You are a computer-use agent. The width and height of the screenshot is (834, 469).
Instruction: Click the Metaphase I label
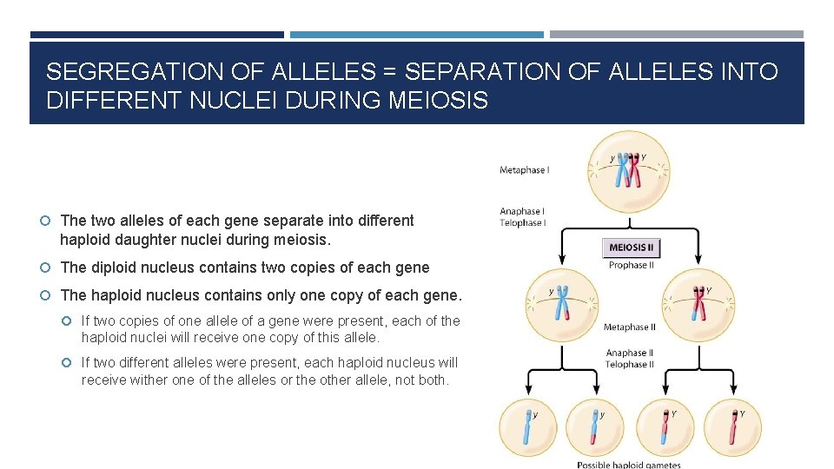pos(524,170)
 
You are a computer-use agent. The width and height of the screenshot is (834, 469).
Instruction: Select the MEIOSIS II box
pos(632,248)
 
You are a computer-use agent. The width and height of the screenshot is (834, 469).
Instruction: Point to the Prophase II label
pos(632,265)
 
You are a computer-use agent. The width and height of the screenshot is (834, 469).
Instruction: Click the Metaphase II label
pos(630,327)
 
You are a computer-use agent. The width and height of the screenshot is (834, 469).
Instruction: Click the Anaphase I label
pos(522,211)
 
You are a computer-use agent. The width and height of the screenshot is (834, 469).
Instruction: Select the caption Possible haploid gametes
pos(629,465)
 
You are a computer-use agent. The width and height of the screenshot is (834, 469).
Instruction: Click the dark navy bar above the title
pos(156,35)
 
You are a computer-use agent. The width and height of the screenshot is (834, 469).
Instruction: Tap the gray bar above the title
pos(676,35)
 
